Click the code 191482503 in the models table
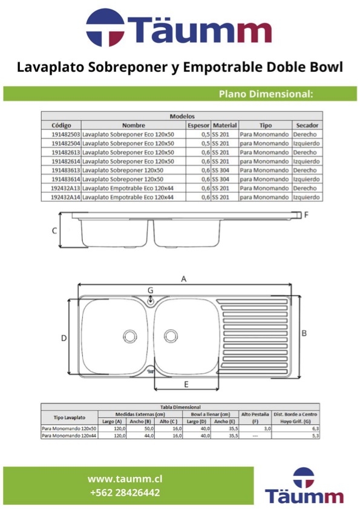(x=65, y=134)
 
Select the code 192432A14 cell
(x=65, y=197)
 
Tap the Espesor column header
(x=198, y=125)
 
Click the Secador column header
(x=307, y=125)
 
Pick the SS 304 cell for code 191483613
(x=221, y=170)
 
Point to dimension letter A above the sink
(x=184, y=279)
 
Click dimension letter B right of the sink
(x=304, y=333)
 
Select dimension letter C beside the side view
(x=54, y=231)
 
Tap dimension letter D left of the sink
(x=64, y=339)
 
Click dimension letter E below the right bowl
(x=186, y=384)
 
